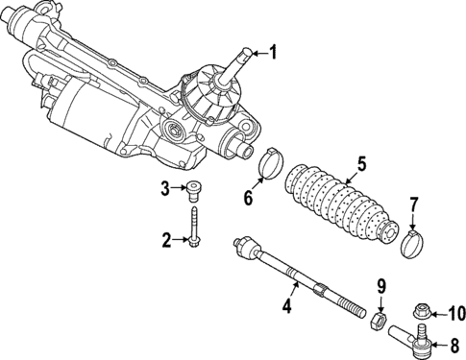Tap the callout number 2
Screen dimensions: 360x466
tap(166, 239)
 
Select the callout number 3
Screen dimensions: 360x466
tap(166, 187)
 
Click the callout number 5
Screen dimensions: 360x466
tap(361, 164)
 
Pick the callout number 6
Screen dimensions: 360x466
tap(248, 199)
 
